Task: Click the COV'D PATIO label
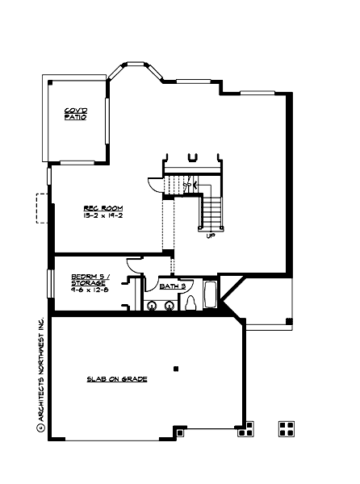point(76,115)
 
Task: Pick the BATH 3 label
point(173,286)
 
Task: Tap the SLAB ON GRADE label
point(118,378)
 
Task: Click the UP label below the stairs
point(211,237)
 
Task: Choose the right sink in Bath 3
point(170,305)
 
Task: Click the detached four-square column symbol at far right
point(286,428)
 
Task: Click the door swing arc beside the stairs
point(154,184)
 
